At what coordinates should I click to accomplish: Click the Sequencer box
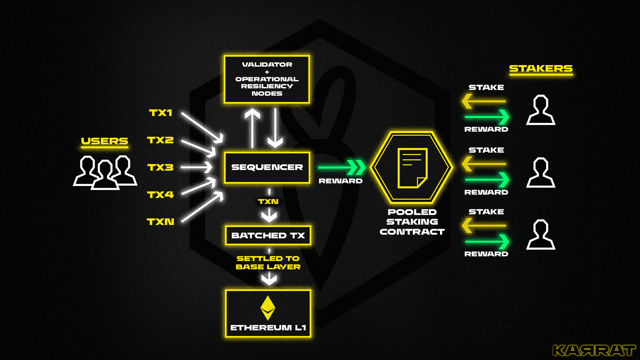[x=267, y=167]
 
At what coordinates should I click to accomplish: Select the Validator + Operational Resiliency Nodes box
[x=267, y=79]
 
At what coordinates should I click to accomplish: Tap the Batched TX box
[x=268, y=235]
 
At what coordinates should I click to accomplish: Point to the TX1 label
[x=160, y=113]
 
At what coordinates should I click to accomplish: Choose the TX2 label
[x=160, y=140]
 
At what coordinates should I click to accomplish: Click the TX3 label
[x=160, y=167]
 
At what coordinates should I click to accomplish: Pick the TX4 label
[x=160, y=195]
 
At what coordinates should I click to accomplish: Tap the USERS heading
[x=104, y=141]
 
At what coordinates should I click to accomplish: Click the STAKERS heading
[x=541, y=69]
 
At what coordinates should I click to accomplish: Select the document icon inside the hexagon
[x=412, y=168]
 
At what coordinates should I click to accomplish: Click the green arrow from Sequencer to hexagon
[x=342, y=167]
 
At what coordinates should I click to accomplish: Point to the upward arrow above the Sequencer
[x=252, y=128]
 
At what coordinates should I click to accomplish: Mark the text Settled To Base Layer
[x=268, y=263]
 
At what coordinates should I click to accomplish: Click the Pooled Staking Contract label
[x=412, y=222]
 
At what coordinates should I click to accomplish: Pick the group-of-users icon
[x=105, y=172]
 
